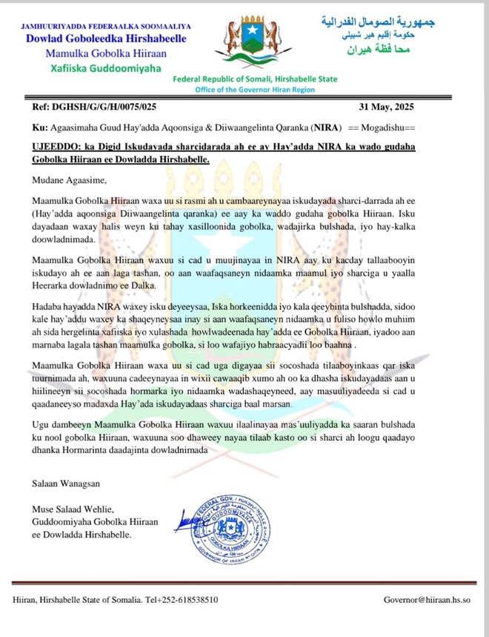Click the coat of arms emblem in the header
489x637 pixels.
247,41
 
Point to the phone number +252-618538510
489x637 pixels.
184,599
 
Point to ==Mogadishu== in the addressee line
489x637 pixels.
389,127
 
